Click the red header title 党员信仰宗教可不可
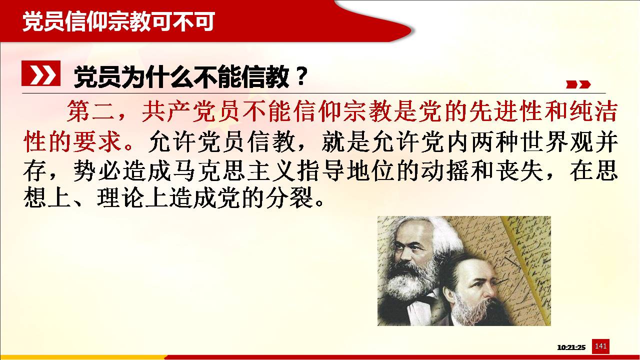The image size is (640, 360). pos(118,21)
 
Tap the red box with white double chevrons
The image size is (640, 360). pos(41,73)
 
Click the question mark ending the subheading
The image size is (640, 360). pos(301,76)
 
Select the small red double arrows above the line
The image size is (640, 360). pos(578,84)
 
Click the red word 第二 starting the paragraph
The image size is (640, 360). pos(91,111)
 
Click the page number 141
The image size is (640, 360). pos(600,346)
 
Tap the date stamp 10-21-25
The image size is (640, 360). pos(571,347)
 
